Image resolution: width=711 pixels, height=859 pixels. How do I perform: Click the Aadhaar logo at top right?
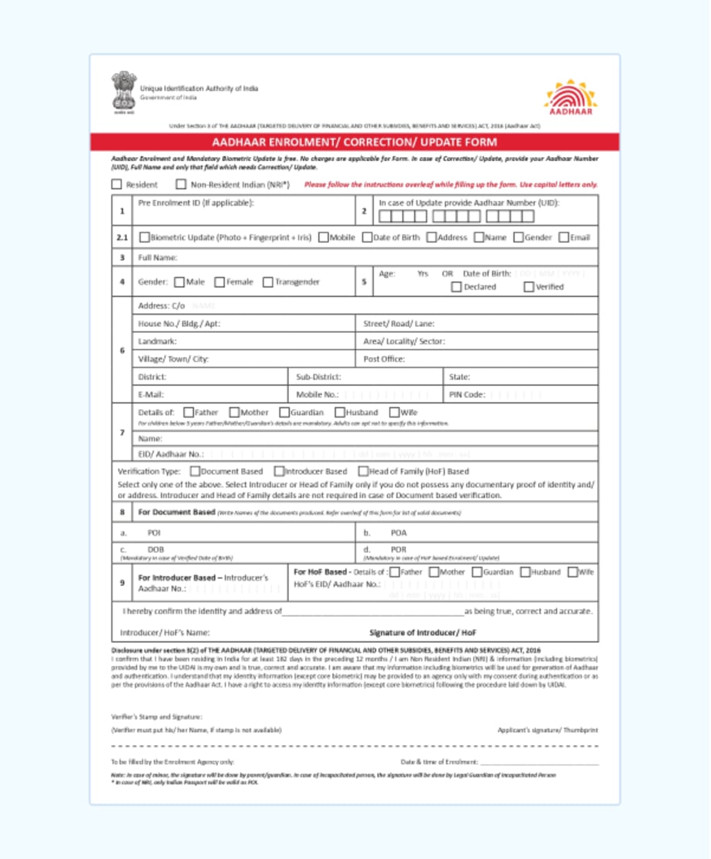click(x=571, y=97)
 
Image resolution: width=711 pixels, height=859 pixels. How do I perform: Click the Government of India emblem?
click(x=124, y=92)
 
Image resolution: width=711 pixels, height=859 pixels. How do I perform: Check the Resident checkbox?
click(x=117, y=185)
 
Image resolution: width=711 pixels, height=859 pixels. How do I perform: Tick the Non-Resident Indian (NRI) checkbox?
click(x=181, y=185)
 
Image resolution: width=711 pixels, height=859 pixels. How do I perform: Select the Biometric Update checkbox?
click(x=144, y=237)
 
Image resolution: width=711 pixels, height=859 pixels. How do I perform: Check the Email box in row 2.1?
click(x=564, y=237)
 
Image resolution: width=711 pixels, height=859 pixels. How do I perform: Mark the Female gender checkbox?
click(x=219, y=282)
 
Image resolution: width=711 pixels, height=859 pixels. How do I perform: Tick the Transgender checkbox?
click(x=268, y=282)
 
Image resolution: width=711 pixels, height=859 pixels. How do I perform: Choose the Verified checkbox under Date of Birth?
click(x=529, y=287)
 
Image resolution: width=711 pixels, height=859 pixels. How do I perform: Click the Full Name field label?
click(x=158, y=258)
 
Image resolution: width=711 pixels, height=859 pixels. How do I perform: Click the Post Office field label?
click(x=384, y=359)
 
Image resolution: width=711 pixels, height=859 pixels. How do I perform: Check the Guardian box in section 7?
click(x=284, y=412)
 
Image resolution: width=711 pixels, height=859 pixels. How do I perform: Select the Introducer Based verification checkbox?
click(x=279, y=472)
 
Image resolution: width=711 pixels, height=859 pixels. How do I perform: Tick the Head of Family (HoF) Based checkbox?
click(x=363, y=472)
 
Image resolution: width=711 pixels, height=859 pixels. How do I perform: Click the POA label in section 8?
click(x=399, y=533)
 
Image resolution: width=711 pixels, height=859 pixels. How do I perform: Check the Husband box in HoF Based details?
click(x=526, y=572)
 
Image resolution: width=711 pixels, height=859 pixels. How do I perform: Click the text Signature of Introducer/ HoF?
click(x=423, y=633)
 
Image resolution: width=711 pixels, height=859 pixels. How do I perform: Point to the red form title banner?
click(x=354, y=142)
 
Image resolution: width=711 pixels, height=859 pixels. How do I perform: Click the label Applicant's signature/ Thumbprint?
click(x=547, y=730)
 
